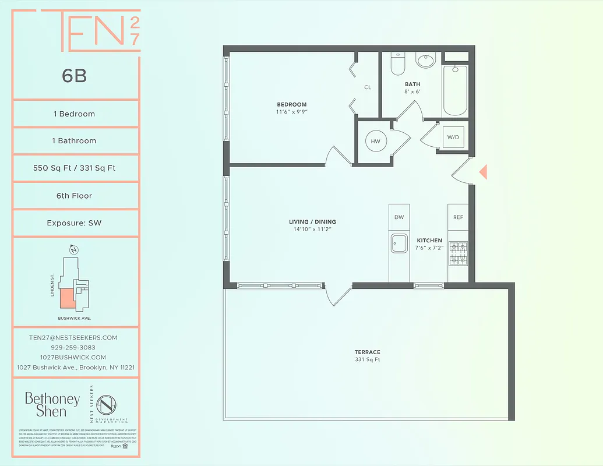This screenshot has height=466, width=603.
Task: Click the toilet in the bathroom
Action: pyautogui.click(x=397, y=64)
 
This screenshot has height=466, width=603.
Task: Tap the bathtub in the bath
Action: pyautogui.click(x=455, y=90)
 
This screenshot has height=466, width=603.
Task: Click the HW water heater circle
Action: pyautogui.click(x=375, y=141)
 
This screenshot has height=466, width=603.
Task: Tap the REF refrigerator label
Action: pyautogui.click(x=458, y=217)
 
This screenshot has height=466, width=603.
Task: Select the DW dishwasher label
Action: pyautogui.click(x=399, y=217)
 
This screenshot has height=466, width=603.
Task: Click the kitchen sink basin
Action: pyautogui.click(x=399, y=243)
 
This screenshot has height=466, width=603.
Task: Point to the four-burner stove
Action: pyautogui.click(x=458, y=253)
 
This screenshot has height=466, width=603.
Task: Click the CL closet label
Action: pyautogui.click(x=368, y=87)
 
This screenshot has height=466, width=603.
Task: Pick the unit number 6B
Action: pyautogui.click(x=74, y=76)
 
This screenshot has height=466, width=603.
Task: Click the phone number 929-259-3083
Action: pyautogui.click(x=73, y=347)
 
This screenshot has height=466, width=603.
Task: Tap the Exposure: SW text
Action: pyautogui.click(x=75, y=223)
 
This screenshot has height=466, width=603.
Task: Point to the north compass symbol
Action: pyautogui.click(x=73, y=250)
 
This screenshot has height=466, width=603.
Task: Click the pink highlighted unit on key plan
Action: pyautogui.click(x=68, y=298)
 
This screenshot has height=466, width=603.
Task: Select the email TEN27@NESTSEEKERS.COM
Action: pyautogui.click(x=73, y=337)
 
